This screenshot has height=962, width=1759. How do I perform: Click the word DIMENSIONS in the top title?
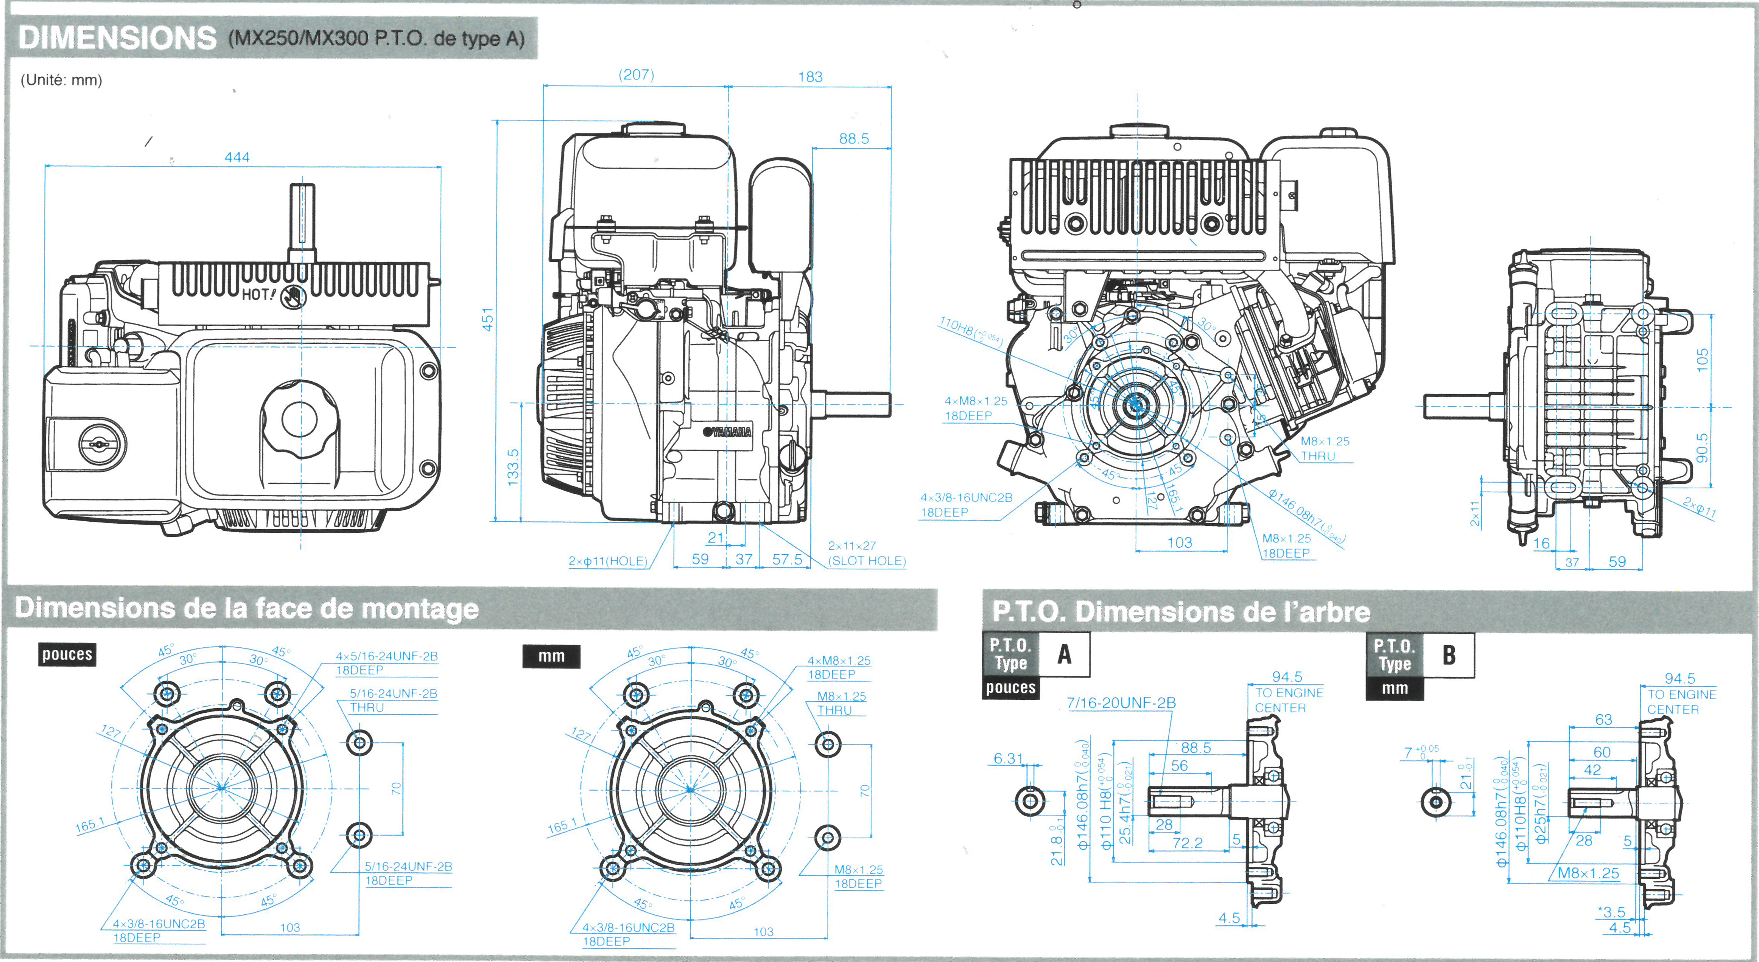[x=117, y=38]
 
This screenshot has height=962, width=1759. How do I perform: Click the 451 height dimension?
[x=487, y=320]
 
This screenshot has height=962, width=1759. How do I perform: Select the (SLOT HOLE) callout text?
[x=867, y=561]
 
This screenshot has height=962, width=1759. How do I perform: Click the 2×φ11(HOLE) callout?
[x=608, y=561]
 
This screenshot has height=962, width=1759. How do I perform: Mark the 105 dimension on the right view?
[x=1702, y=360]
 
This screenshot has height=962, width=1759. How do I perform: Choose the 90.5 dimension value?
[x=1702, y=447]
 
